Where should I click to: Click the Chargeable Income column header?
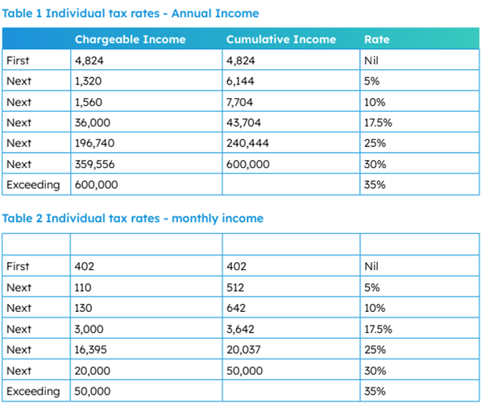(131, 39)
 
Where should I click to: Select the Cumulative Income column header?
(281, 39)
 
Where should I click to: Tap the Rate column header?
(377, 39)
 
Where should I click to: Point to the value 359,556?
(94, 164)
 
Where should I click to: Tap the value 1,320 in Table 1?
(88, 81)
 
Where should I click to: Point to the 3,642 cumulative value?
(240, 329)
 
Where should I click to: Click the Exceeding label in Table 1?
(33, 185)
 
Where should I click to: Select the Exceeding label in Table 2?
(33, 392)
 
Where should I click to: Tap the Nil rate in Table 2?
(371, 266)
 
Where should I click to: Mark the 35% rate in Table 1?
(375, 185)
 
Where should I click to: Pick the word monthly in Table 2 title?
(195, 219)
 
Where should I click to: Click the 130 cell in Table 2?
(83, 308)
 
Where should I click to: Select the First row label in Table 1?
(18, 60)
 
